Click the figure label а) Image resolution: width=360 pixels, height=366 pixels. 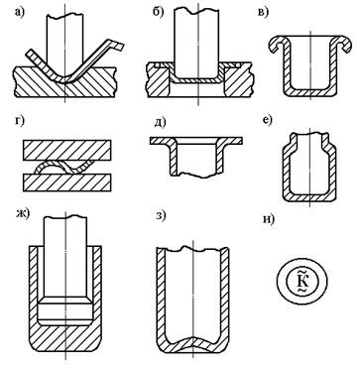coord(21,12)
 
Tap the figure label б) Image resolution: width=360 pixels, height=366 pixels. coord(158,12)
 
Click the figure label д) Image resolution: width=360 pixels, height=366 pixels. coord(160,123)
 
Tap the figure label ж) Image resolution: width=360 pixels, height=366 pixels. coord(23,214)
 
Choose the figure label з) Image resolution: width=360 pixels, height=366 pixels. coord(161,217)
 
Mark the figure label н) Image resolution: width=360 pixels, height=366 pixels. coord(269,219)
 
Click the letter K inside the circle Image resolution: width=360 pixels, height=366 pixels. coord(301,281)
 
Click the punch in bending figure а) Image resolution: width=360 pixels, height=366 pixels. coord(65,47)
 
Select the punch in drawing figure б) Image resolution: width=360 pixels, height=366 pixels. coord(196,43)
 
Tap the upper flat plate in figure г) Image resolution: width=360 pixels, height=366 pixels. coord(66,151)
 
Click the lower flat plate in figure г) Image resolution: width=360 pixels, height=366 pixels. coord(66,183)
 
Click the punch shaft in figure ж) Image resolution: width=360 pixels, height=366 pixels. coord(65,256)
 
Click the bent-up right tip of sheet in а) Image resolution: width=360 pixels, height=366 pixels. coord(117,45)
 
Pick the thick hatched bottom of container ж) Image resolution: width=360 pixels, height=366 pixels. coord(65,340)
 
